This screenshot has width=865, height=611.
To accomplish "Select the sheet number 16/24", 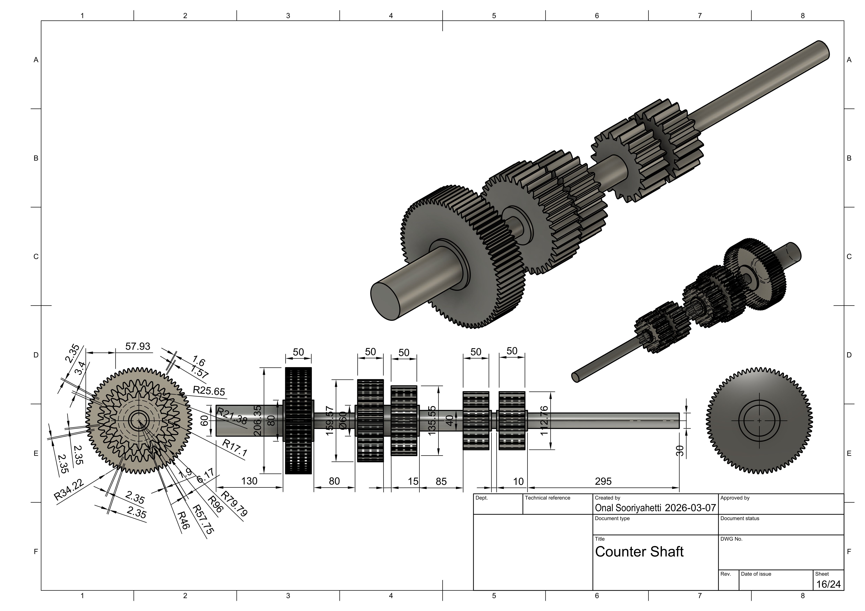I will pos(828,584).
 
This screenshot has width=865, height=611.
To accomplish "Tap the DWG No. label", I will pos(731,539).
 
